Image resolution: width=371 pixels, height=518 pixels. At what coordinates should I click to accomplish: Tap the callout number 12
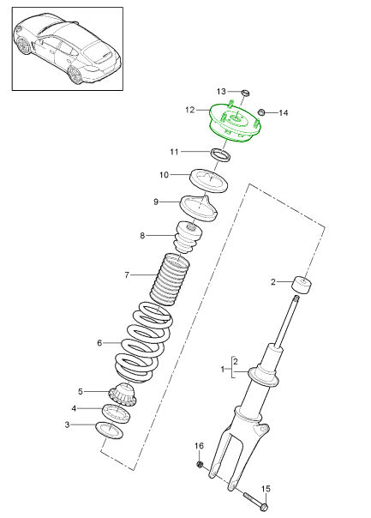tap(191, 110)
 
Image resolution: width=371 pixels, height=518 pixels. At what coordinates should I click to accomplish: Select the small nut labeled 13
tap(243, 93)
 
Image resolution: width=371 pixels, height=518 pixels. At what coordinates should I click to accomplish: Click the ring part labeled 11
tap(222, 155)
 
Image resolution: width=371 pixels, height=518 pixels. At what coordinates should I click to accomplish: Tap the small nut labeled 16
tap(200, 465)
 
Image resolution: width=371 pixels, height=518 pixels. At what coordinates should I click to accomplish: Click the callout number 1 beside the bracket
tap(224, 370)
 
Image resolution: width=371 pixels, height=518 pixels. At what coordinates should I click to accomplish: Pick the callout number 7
tap(126, 275)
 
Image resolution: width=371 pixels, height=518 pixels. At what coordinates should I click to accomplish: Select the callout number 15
tap(266, 489)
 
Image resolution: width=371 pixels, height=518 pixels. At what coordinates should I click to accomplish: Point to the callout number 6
tap(99, 343)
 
